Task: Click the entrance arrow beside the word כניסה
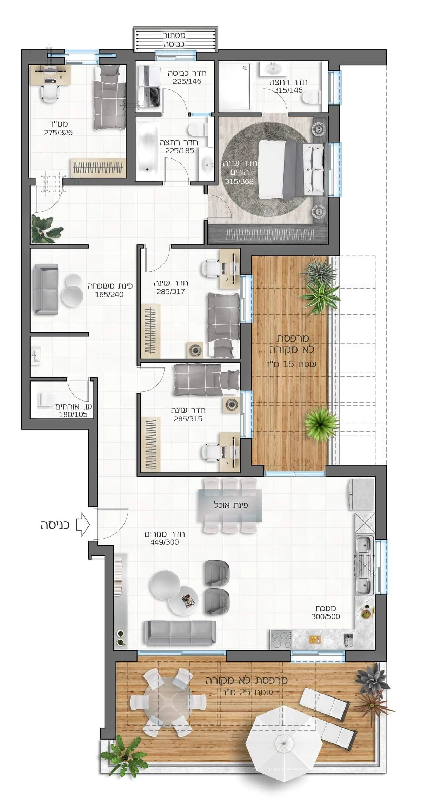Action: (x=83, y=525)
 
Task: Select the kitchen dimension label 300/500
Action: (x=326, y=617)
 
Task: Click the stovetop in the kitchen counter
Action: (x=281, y=640)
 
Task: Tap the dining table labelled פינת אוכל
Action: (x=230, y=505)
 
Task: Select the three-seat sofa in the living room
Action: (x=180, y=632)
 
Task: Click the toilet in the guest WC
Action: (x=46, y=399)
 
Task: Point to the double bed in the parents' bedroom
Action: (x=291, y=168)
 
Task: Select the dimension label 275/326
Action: (x=58, y=133)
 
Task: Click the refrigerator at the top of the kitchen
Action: (x=361, y=494)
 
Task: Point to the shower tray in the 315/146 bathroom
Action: (x=234, y=87)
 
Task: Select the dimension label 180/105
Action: (x=73, y=414)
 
